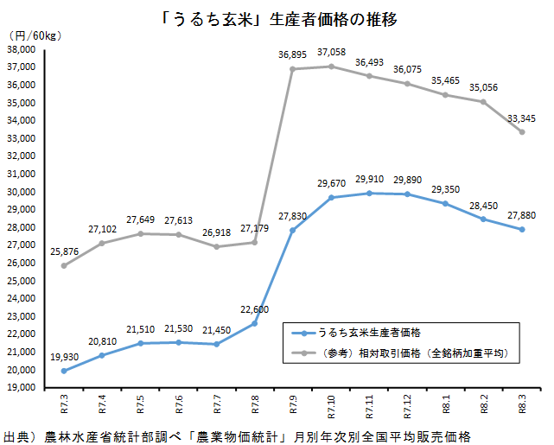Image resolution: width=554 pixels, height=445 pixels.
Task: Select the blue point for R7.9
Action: point(293,230)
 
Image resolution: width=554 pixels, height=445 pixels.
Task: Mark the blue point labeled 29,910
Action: point(370,193)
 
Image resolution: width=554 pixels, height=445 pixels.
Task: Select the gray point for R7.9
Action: point(293,69)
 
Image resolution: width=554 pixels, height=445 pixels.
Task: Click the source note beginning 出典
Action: point(238,435)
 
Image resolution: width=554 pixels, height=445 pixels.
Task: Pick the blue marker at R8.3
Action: point(522,229)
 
